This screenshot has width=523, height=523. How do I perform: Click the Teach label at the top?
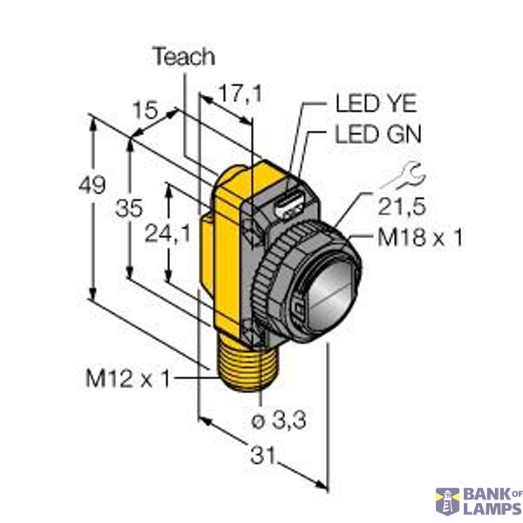point(183,58)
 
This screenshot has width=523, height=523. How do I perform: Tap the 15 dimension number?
point(145,111)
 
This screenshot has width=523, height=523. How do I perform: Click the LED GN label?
point(377,134)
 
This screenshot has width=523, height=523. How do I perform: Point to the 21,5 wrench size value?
point(400,208)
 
